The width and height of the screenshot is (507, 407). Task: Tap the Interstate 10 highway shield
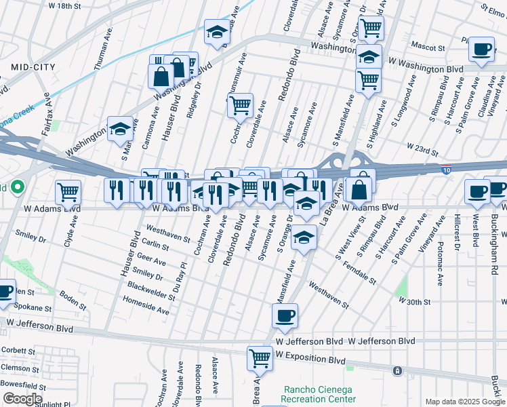coord(446,167)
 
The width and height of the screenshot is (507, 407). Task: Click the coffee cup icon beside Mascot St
coord(481,50)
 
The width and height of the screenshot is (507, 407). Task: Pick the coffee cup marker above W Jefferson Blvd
coord(285,316)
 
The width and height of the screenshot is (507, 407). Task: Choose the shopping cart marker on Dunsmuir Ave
coord(239,106)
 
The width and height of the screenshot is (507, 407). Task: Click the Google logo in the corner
coord(22,399)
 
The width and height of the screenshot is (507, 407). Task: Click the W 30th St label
coord(414,300)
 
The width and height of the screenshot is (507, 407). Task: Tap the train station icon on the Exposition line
coord(397,371)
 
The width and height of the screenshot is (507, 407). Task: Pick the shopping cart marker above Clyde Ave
coord(68,193)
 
